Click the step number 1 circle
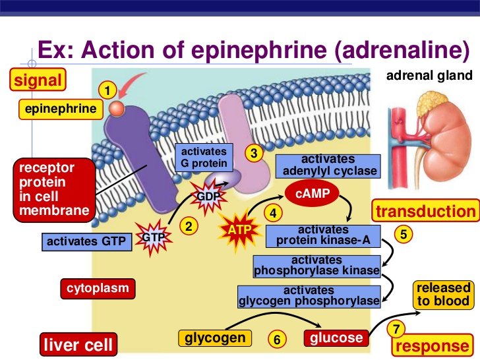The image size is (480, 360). pyautogui.click(x=107, y=89)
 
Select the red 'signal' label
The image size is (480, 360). pyautogui.click(x=38, y=81)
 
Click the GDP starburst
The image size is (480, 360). pyautogui.click(x=209, y=196)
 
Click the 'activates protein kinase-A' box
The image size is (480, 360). pyautogui.click(x=323, y=235)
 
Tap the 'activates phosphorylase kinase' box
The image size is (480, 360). pyautogui.click(x=317, y=266)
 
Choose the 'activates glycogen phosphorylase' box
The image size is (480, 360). pyautogui.click(x=309, y=296)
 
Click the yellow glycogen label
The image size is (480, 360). pyautogui.click(x=215, y=338)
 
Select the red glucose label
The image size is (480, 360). pyautogui.click(x=336, y=338)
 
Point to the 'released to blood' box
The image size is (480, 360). pyautogui.click(x=443, y=295)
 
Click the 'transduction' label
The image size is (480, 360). pyautogui.click(x=425, y=211)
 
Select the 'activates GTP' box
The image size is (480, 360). pyautogui.click(x=86, y=241)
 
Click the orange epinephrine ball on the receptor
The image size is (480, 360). pyautogui.click(x=117, y=108)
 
